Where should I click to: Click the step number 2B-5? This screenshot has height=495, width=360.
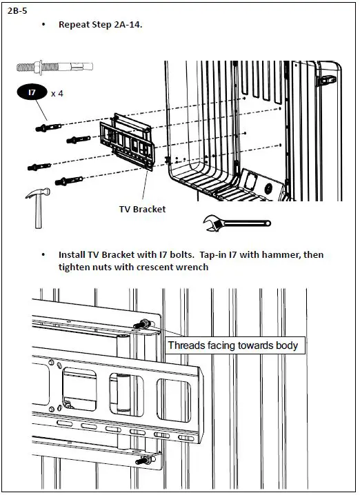(17, 11)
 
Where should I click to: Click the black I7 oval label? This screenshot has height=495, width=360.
(32, 92)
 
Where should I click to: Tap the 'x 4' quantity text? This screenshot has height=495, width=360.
(57, 94)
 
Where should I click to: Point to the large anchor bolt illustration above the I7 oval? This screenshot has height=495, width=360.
(54, 68)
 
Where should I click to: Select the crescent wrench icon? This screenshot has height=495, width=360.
(237, 223)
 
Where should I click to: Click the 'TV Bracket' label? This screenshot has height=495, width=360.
(143, 210)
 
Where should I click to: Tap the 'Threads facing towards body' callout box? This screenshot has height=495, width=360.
(235, 345)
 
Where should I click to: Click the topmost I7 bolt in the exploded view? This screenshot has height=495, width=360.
(48, 128)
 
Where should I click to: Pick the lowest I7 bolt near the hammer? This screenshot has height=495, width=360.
(69, 181)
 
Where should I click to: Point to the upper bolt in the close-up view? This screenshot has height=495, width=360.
(144, 324)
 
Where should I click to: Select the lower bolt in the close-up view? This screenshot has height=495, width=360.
(146, 460)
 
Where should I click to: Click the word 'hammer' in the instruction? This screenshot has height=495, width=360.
(279, 254)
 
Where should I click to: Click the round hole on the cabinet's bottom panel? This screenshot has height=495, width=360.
(268, 189)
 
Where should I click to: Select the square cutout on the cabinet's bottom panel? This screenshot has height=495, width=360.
(251, 181)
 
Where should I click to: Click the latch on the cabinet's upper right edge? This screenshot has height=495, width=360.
(327, 80)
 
